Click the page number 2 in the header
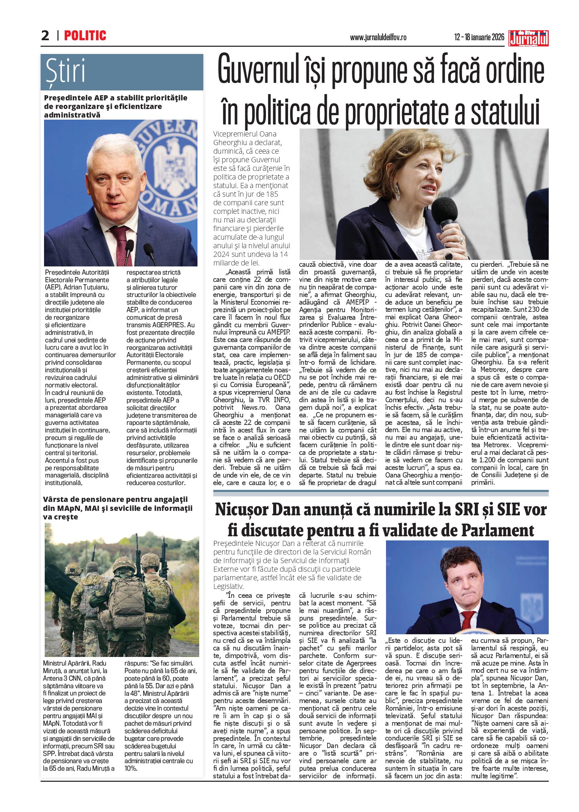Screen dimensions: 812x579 (45, 36)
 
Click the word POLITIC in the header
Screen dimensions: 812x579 (85, 36)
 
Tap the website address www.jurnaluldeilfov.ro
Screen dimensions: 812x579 (378, 37)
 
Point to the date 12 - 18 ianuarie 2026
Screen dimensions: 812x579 (479, 37)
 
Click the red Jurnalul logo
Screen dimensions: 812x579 (528, 39)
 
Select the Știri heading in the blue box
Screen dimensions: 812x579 (66, 72)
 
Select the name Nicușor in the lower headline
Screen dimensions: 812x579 (243, 510)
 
